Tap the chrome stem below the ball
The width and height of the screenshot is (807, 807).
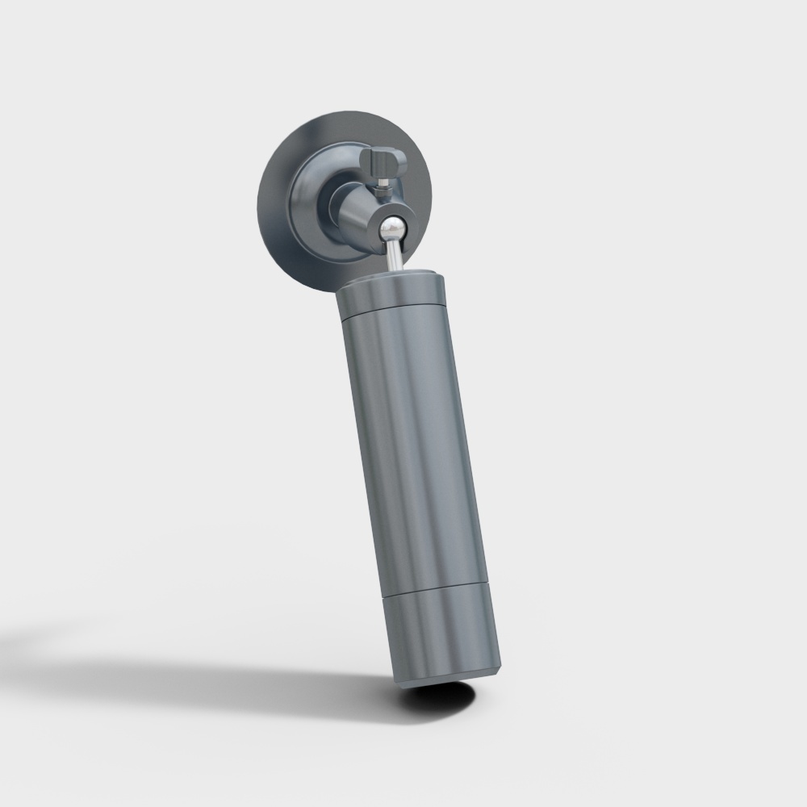coord(395,256)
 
